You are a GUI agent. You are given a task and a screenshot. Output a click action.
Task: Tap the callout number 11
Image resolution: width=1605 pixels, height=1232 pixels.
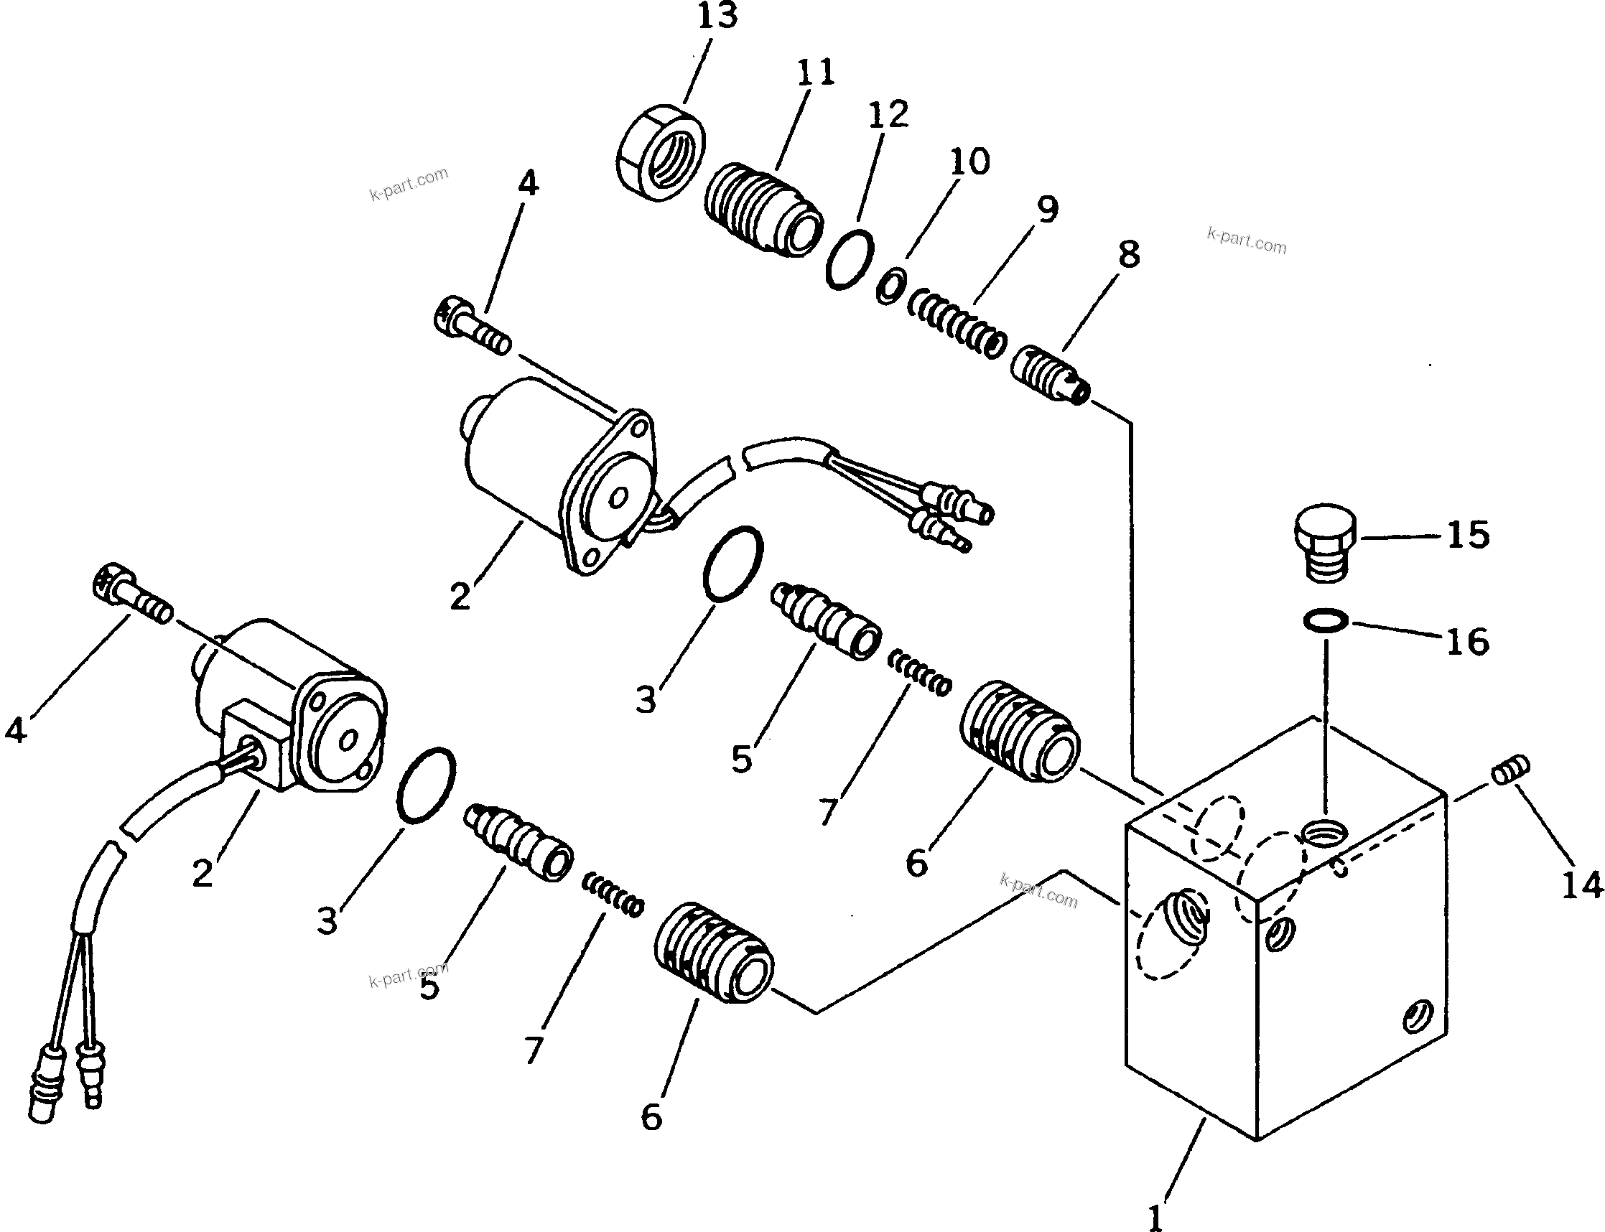815,72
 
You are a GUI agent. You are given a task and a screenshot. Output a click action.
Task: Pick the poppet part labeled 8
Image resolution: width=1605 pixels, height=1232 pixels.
1050,375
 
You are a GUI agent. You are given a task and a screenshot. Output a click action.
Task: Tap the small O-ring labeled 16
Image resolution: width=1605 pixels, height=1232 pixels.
1326,622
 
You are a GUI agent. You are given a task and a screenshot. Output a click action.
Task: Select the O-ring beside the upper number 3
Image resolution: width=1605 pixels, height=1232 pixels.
732,564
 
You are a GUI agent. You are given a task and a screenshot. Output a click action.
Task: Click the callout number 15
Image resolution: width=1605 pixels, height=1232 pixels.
1468,536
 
